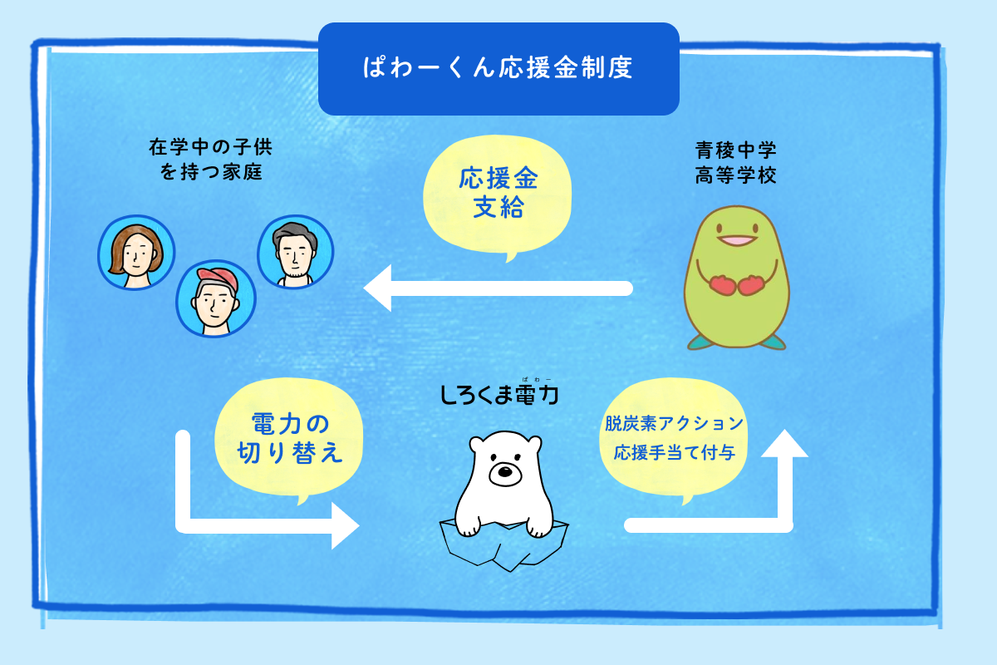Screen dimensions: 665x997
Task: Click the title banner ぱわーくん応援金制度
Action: point(498,68)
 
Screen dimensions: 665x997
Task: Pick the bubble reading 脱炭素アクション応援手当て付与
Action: point(674,438)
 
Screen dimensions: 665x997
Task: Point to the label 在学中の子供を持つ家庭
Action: point(211,160)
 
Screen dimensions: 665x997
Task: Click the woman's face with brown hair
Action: point(136,252)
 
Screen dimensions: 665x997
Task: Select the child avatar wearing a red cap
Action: point(215,299)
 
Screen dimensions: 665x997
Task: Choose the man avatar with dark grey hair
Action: point(295,252)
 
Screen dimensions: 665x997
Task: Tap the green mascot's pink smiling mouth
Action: point(735,240)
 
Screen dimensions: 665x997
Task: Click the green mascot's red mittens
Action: point(736,284)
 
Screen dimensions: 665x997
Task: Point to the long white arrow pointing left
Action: point(498,288)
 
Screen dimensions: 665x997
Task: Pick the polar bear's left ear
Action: point(477,444)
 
